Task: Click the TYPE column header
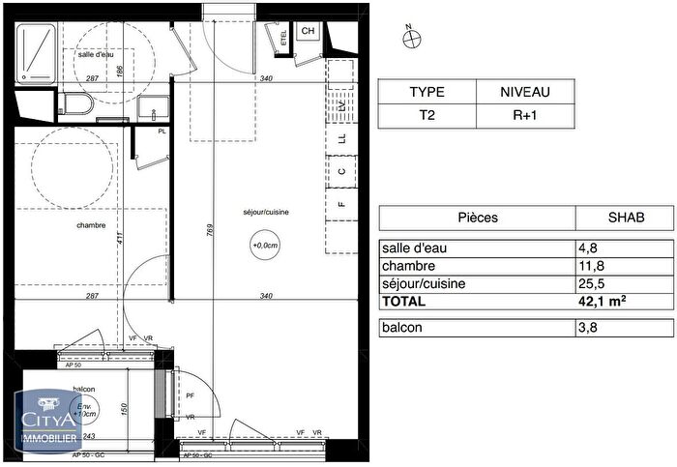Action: point(427,93)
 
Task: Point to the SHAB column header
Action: point(624,218)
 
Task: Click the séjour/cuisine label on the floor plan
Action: point(266,212)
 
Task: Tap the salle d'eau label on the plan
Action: point(99,55)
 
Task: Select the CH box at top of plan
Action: point(308,32)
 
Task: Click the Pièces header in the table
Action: point(477,218)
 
